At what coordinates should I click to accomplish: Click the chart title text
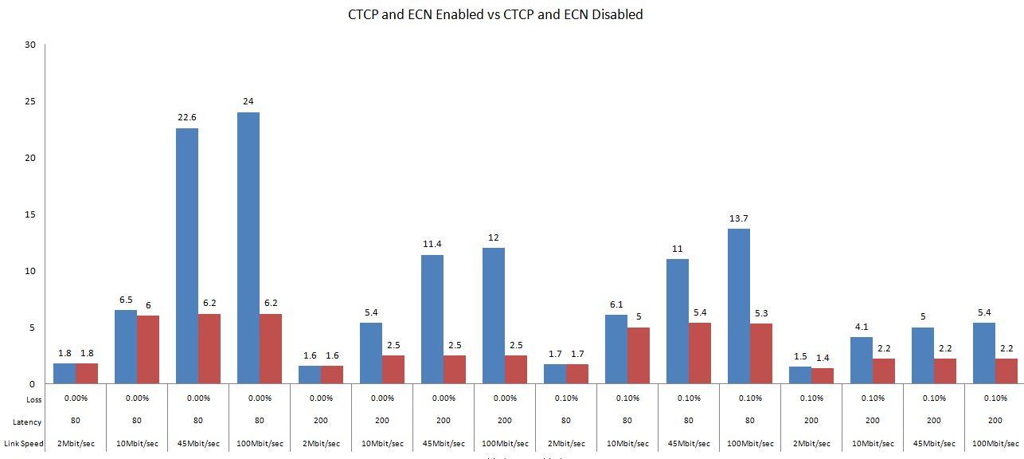[495, 14]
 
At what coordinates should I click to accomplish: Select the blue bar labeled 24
[248, 248]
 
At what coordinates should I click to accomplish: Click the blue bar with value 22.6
[187, 256]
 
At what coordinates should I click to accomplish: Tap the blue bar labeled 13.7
[739, 306]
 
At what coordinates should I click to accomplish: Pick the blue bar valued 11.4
[432, 319]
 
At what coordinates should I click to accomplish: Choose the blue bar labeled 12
[494, 316]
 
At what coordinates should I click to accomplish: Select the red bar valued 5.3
[761, 353]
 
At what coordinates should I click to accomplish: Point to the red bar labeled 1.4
[823, 375]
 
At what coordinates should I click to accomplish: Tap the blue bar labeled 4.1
[862, 360]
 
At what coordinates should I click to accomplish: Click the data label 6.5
[126, 300]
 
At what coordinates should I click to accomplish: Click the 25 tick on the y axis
[31, 101]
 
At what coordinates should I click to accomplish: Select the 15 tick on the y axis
[31, 214]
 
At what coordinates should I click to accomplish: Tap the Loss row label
[34, 399]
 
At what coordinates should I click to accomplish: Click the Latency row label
[29, 422]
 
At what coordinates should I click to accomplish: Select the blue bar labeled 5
[923, 355]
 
